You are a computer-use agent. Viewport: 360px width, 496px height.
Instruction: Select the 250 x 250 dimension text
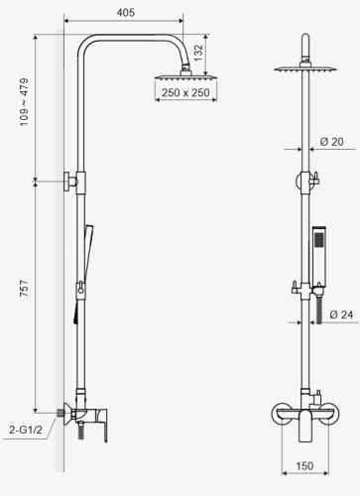[184, 93]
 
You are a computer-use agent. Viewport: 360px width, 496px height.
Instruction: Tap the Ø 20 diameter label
[330, 142]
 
